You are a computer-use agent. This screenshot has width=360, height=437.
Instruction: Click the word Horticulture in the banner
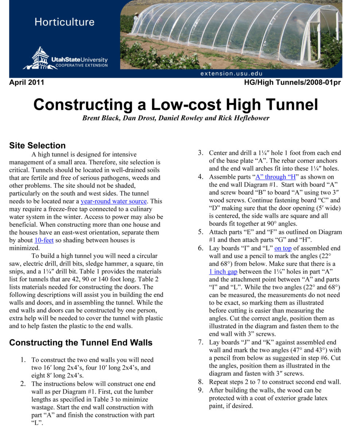(x=64, y=22)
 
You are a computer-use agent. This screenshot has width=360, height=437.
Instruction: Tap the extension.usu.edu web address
(x=231, y=73)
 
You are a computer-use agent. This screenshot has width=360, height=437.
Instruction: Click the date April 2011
(x=26, y=83)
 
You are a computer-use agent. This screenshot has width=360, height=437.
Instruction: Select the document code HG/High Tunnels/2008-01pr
(x=293, y=83)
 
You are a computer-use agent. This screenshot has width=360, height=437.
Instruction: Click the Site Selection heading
(x=37, y=146)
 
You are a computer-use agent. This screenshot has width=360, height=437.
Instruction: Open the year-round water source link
(x=114, y=201)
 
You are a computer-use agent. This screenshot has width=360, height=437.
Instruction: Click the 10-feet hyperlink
(x=44, y=240)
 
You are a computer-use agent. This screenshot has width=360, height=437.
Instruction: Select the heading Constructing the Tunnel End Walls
(x=81, y=343)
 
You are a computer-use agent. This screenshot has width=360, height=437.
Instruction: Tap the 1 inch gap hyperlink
(x=223, y=271)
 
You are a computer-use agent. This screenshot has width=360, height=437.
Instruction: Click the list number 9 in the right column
(x=200, y=390)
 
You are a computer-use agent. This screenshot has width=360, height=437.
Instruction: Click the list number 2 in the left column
(x=23, y=384)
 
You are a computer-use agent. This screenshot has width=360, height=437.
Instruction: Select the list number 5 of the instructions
(x=200, y=232)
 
